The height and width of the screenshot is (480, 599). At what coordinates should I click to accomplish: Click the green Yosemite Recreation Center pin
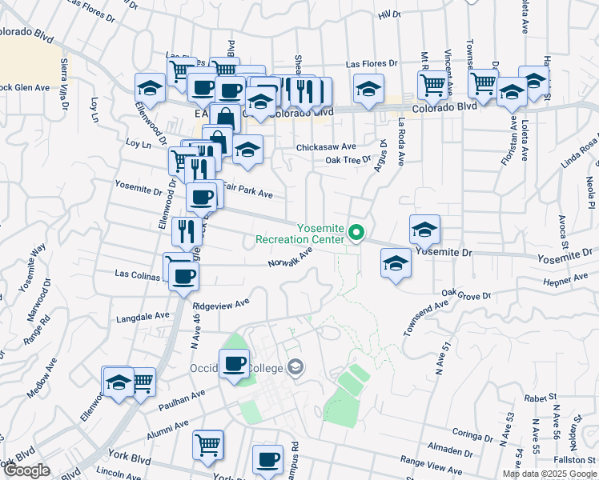click(358, 234)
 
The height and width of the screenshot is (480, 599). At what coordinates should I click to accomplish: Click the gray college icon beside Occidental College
click(295, 367)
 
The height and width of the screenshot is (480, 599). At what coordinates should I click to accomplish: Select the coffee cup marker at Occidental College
click(235, 364)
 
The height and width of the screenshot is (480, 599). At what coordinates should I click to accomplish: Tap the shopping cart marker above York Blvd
click(208, 443)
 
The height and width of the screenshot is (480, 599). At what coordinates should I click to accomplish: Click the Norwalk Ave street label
click(289, 258)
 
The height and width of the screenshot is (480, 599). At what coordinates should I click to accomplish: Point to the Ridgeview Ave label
click(221, 305)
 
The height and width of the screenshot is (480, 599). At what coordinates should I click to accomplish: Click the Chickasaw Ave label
click(326, 147)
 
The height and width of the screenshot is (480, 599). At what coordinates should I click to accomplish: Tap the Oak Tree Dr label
click(348, 160)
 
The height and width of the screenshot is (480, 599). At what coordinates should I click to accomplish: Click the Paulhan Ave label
click(182, 395)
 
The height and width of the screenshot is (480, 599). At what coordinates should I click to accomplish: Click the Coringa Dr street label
click(471, 437)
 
